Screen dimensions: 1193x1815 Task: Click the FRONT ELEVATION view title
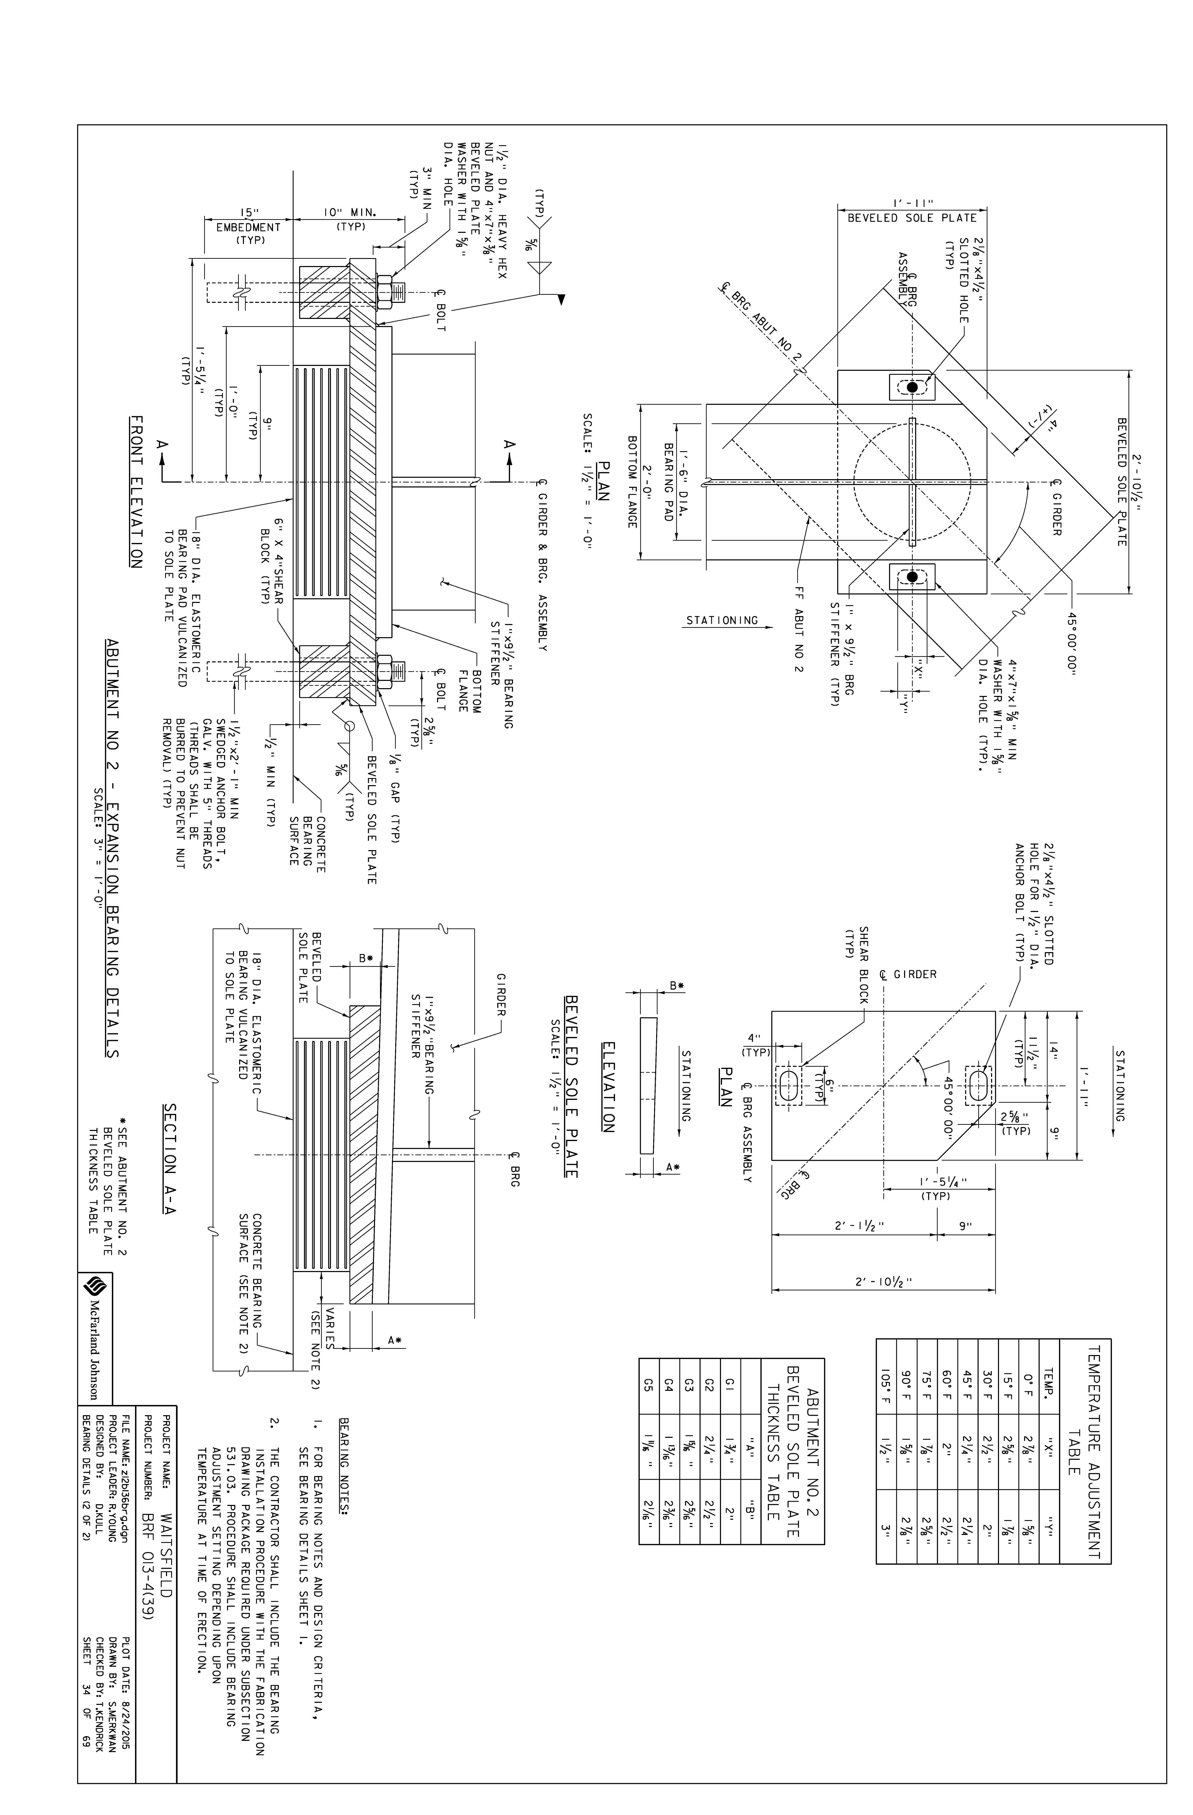136,493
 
